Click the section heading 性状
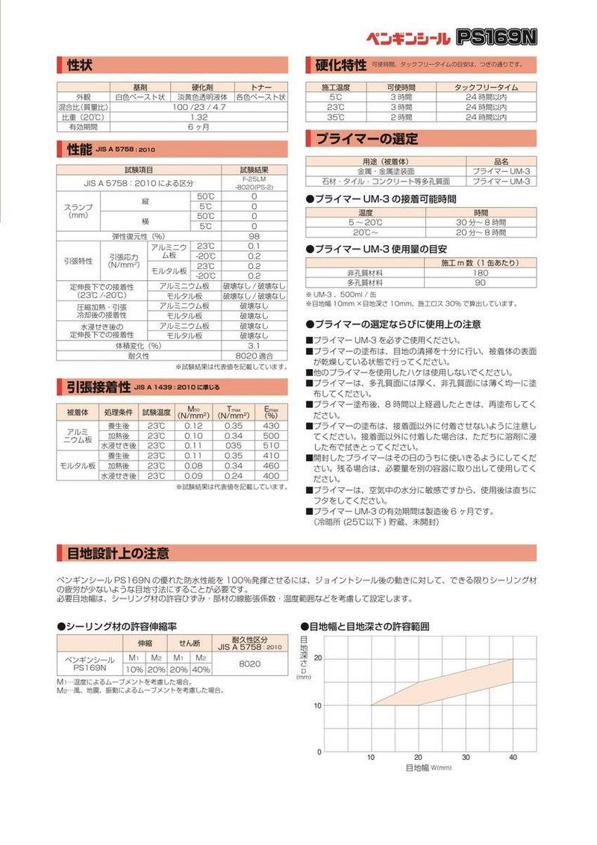[x=80, y=64]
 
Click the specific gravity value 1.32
[x=199, y=117]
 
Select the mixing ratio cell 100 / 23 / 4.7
[x=199, y=107]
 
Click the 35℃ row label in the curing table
[x=336, y=117]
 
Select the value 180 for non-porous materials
[x=481, y=273]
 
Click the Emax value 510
[x=271, y=445]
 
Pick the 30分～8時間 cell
[x=481, y=223]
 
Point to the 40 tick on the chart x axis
[x=513, y=757]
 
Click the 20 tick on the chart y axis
[x=318, y=657]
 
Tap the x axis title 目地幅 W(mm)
[x=428, y=768]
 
